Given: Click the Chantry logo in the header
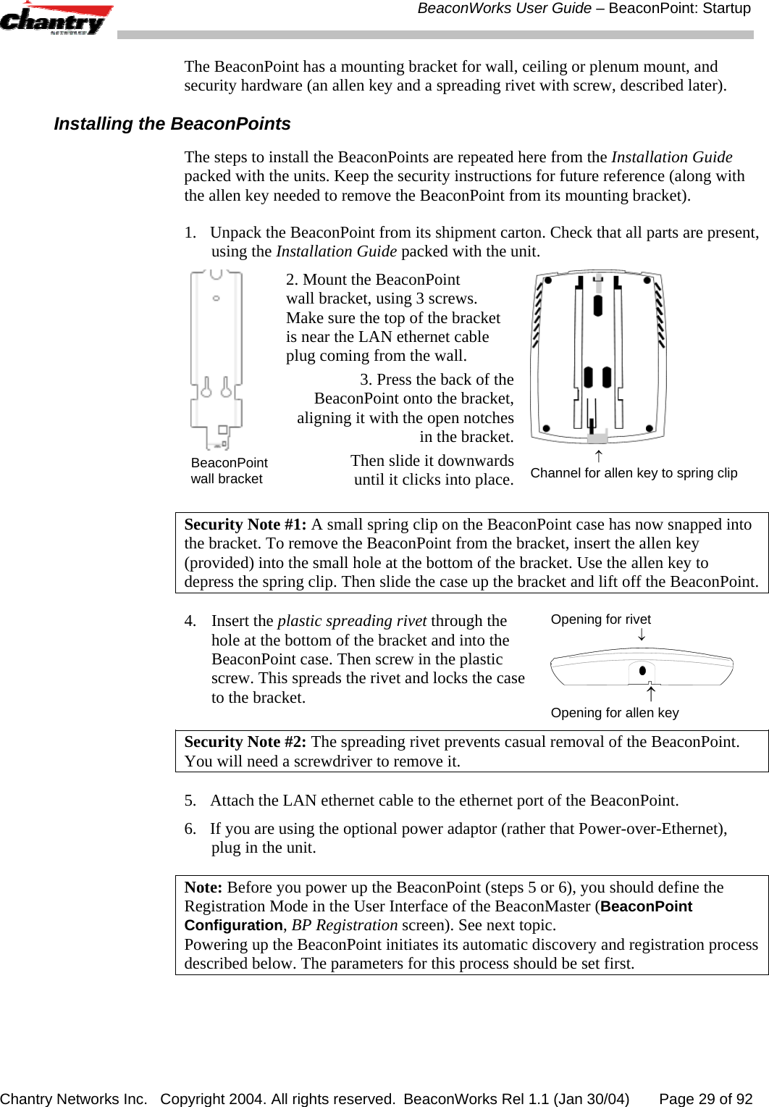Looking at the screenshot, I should (x=56, y=19).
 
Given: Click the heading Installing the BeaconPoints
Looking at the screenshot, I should (x=172, y=124).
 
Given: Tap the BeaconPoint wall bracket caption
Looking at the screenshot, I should (x=229, y=471).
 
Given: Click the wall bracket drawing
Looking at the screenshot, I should (x=216, y=359).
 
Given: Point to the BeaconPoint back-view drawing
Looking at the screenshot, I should (x=598, y=356).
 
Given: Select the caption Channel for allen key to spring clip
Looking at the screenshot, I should (x=634, y=473).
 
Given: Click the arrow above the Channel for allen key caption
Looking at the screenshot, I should (x=598, y=456).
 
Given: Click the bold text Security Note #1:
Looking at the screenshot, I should (x=245, y=525).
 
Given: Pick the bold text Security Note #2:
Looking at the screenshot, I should (x=245, y=742).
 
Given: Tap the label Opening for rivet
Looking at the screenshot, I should (x=600, y=619).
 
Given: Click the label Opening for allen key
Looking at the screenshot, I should (x=615, y=713).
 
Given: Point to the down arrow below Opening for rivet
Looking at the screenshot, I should (x=642, y=635).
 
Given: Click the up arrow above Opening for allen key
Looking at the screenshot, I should (x=650, y=694).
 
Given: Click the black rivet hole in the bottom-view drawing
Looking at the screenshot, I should (x=642, y=670).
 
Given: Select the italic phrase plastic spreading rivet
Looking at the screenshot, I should (x=352, y=621).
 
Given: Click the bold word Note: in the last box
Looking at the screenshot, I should (x=203, y=887).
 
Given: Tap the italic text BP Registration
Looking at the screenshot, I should (x=344, y=925).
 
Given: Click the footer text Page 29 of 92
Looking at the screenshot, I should (x=705, y=1099).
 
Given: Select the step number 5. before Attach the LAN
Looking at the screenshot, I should (x=190, y=801).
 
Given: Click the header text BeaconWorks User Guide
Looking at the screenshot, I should (x=504, y=9).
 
